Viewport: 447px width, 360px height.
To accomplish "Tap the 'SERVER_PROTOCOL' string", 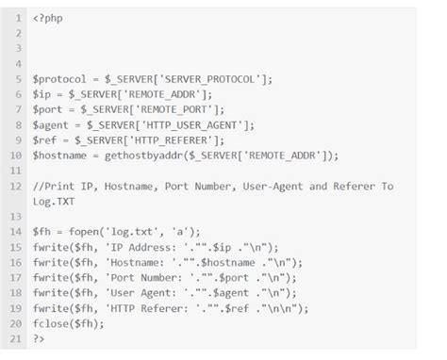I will [x=209, y=79].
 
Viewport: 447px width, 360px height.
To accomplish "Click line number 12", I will [x=17, y=186].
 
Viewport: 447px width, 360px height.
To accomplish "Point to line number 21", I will [x=17, y=338].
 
